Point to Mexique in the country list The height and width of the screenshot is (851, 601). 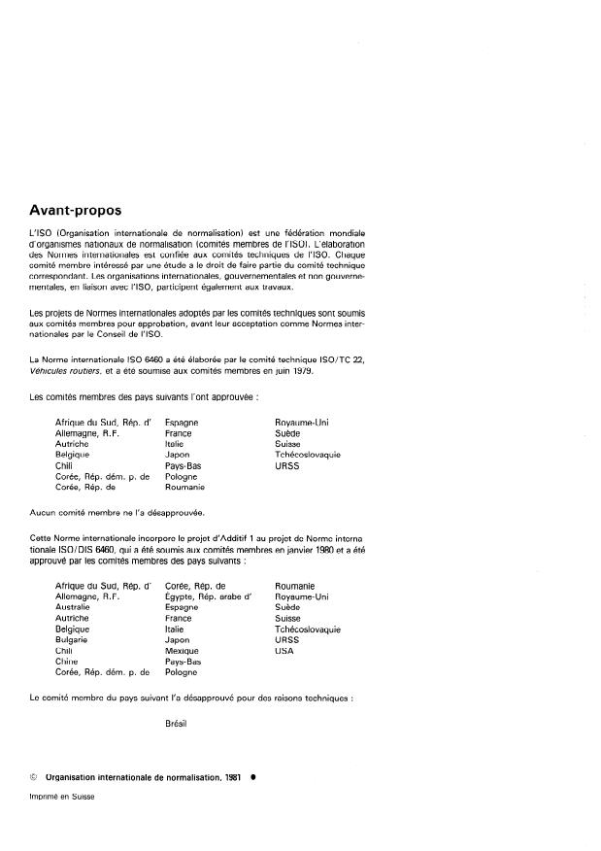[183, 651]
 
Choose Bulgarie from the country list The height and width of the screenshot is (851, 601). [73, 640]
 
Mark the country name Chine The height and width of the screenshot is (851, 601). [68, 662]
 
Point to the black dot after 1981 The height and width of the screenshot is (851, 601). [251, 778]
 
